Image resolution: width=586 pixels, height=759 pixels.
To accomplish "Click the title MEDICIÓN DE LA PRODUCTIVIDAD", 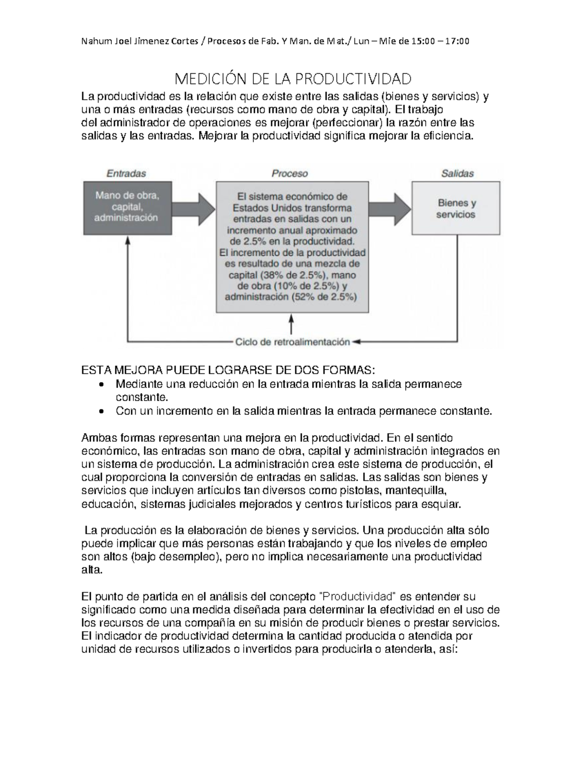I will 293,78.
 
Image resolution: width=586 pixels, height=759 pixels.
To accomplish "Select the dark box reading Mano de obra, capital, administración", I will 127,207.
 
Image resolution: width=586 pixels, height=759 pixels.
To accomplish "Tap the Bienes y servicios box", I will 456,208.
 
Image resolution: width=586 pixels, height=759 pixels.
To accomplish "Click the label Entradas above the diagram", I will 126,173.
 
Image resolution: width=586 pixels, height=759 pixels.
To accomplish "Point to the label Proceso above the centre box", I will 290,173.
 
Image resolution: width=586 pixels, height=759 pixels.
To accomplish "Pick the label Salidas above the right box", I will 457,173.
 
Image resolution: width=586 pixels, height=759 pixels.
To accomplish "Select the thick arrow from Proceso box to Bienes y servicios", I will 390,208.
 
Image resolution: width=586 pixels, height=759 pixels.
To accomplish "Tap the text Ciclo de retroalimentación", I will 293,342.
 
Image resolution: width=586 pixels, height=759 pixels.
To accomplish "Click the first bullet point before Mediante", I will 101,385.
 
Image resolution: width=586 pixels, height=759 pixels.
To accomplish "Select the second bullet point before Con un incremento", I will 101,412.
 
